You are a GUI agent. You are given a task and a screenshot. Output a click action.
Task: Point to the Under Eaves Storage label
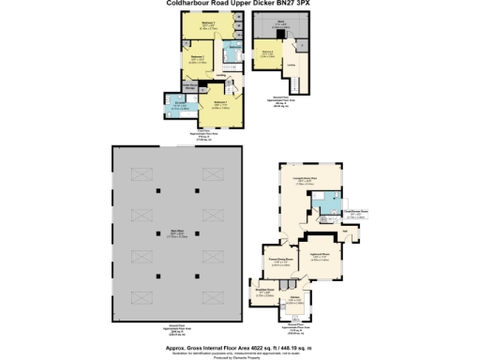186,82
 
